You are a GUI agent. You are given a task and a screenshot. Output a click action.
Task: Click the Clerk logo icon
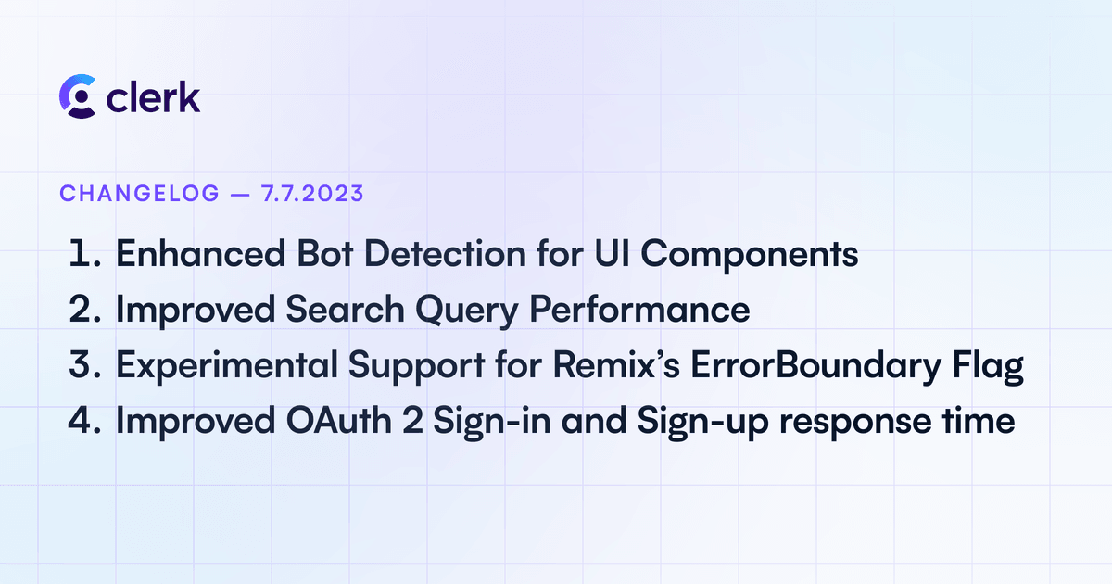pyautogui.click(x=77, y=95)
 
